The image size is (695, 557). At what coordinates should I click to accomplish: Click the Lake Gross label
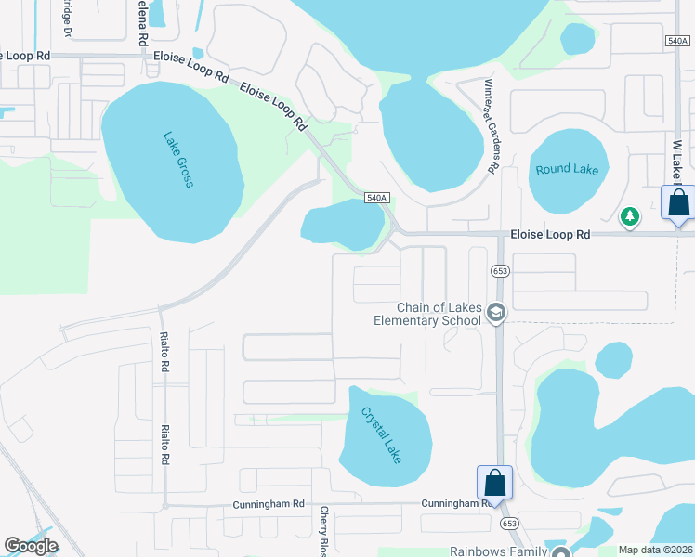pos(177,159)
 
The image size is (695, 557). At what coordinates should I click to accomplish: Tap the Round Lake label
pos(567,170)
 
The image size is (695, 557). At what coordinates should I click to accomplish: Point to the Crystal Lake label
pos(382,434)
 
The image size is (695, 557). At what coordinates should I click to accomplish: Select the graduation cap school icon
pos(495,315)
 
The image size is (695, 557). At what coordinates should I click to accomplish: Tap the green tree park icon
pos(631,216)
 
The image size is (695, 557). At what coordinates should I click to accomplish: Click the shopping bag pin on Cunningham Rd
pos(494,484)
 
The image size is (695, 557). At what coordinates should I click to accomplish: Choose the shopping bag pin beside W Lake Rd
pos(678,203)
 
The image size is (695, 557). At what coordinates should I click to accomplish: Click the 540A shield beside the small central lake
pos(375,198)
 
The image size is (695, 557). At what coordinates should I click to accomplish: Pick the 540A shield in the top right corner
pos(677,40)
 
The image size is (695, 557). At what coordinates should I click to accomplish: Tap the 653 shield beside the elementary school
pos(500,270)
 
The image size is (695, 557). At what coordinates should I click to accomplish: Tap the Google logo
pos(31,546)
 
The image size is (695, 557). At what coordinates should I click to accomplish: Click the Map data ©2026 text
pos(656,550)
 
